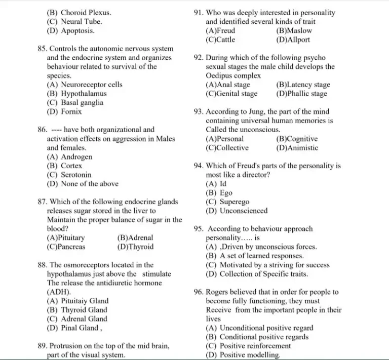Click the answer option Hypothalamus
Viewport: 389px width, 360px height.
[84, 94]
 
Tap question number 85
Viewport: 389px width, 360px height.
[42, 49]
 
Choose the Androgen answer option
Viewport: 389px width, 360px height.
[76, 157]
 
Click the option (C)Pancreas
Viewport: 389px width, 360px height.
[66, 247]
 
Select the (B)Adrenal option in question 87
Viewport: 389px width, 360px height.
[135, 238]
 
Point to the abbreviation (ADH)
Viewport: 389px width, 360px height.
[59, 292]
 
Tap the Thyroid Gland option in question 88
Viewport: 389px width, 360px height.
[84, 310]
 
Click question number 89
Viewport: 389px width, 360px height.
[43, 346]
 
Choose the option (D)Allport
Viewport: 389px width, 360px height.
[293, 39]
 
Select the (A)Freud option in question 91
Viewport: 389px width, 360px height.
[221, 31]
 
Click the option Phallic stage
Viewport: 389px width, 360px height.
[301, 94]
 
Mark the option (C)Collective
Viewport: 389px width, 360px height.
[227, 148]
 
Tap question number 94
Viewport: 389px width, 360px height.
[199, 166]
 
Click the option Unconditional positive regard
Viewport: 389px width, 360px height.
[266, 328]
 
